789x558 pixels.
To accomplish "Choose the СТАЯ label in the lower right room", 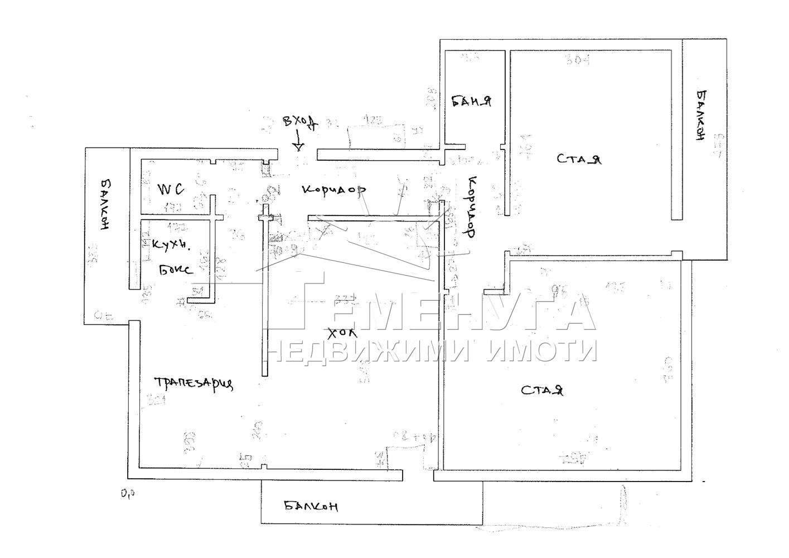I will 543,390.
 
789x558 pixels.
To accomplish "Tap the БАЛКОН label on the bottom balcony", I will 311,507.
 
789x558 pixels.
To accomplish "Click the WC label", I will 171,190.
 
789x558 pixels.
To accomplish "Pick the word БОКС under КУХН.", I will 175,270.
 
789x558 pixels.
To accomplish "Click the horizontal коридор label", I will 333,190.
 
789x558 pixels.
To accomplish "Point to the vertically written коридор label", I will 471,206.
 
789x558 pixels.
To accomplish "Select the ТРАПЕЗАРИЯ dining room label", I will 193,383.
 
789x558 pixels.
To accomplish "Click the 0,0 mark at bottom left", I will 128,493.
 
